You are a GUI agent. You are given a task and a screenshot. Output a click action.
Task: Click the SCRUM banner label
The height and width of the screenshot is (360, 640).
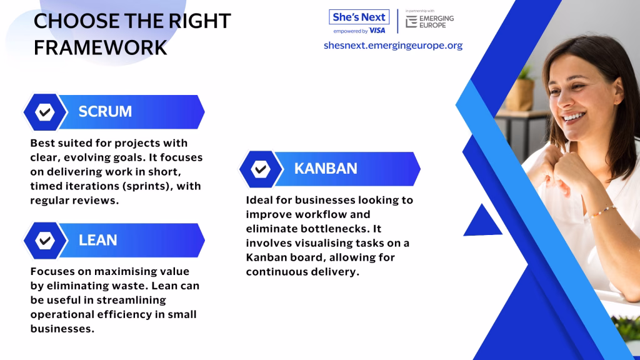(x=105, y=111)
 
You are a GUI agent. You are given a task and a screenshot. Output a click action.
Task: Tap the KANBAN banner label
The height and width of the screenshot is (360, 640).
(x=326, y=169)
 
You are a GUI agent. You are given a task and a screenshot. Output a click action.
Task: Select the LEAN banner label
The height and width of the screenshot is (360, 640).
(x=98, y=240)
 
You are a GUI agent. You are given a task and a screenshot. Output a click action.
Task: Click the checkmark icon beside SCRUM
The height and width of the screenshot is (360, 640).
(x=45, y=112)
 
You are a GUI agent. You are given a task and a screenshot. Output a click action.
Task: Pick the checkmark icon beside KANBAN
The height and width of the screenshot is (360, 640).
(x=261, y=169)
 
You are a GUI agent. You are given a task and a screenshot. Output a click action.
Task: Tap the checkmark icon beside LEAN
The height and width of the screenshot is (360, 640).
(x=45, y=241)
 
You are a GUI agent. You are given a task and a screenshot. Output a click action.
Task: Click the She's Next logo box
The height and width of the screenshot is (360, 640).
(x=359, y=17)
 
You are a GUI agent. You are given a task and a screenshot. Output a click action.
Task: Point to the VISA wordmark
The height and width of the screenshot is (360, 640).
(x=377, y=31)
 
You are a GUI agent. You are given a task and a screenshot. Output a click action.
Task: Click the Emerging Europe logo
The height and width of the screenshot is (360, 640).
(x=430, y=21)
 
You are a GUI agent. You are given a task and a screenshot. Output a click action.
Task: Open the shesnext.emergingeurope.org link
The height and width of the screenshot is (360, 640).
(x=393, y=45)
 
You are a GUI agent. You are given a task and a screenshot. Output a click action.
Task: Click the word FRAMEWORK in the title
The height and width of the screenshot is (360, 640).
(x=101, y=47)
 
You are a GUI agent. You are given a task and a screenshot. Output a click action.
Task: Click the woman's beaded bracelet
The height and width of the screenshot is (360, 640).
(x=602, y=211)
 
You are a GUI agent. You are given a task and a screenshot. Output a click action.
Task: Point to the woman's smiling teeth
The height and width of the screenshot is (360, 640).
(x=574, y=117)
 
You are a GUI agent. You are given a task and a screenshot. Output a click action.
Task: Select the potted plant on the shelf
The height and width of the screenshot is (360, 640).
(x=521, y=90)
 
